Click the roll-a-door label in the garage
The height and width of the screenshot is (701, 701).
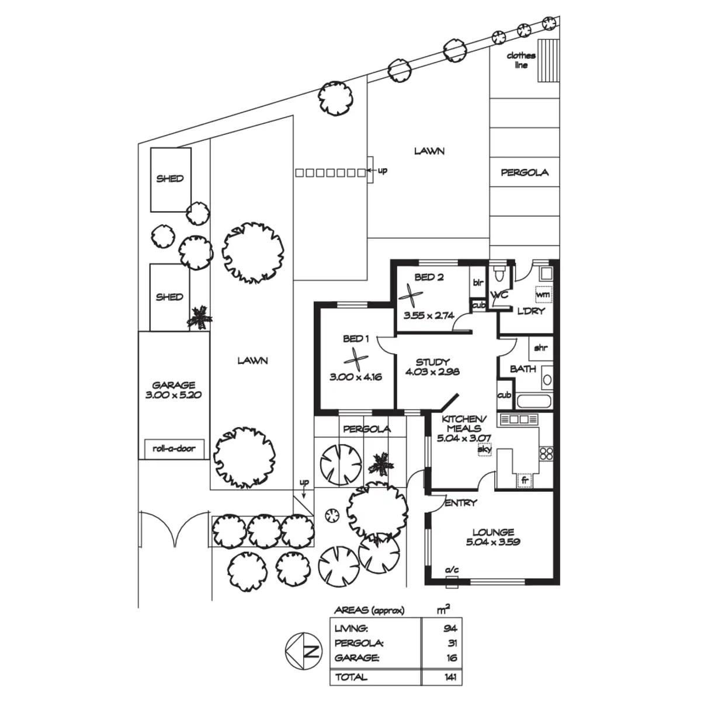(174, 449)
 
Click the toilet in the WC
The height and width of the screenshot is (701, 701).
(499, 273)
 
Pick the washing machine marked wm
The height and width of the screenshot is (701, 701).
(543, 294)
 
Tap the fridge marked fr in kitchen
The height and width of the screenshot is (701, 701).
(525, 481)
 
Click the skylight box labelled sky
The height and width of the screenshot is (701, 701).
(484, 449)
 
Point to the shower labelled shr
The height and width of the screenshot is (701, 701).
(541, 348)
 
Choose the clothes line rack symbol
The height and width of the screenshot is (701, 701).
(548, 61)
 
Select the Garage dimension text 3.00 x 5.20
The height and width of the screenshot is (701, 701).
(173, 395)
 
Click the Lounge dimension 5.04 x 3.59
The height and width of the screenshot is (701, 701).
(493, 542)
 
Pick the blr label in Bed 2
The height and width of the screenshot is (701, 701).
(478, 282)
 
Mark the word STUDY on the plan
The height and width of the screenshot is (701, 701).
(432, 362)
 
